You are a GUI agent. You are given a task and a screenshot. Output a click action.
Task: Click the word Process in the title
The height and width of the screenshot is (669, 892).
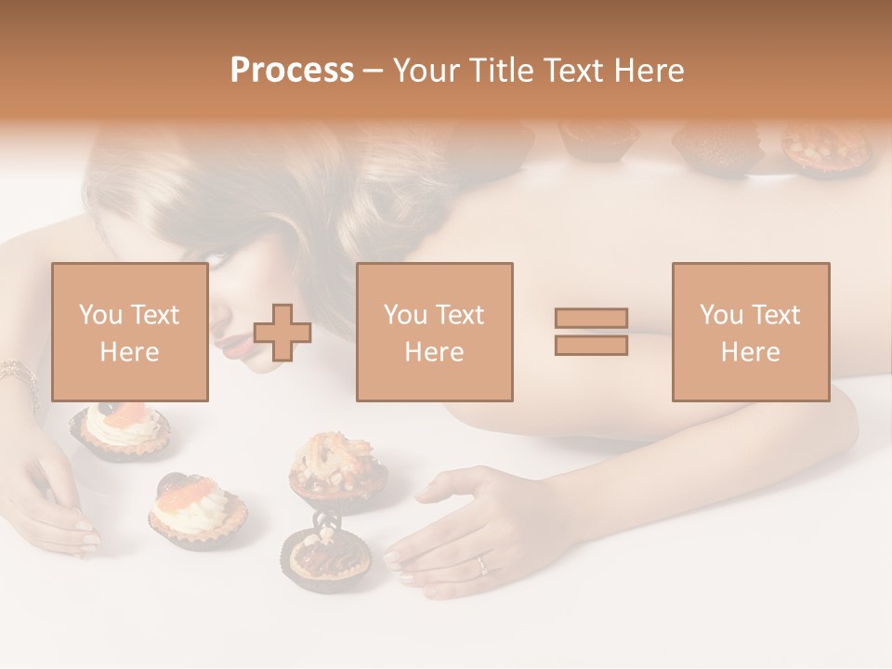[x=292, y=70]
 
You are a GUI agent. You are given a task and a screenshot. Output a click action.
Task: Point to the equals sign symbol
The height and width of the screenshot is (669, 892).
[x=591, y=332]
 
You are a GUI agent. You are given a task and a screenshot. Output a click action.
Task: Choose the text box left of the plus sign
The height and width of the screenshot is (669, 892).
[x=129, y=332]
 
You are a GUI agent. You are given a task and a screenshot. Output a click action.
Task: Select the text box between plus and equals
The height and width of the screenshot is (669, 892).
[x=434, y=332]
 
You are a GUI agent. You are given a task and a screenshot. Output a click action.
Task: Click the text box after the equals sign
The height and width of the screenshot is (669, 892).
[x=750, y=332]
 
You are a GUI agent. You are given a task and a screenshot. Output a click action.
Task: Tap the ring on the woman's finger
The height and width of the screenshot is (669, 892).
[x=481, y=563]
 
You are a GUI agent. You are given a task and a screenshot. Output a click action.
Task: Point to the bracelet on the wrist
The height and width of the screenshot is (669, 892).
[x=20, y=376]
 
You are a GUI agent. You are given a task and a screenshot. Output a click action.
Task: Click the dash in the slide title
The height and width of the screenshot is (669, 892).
[x=374, y=71]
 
